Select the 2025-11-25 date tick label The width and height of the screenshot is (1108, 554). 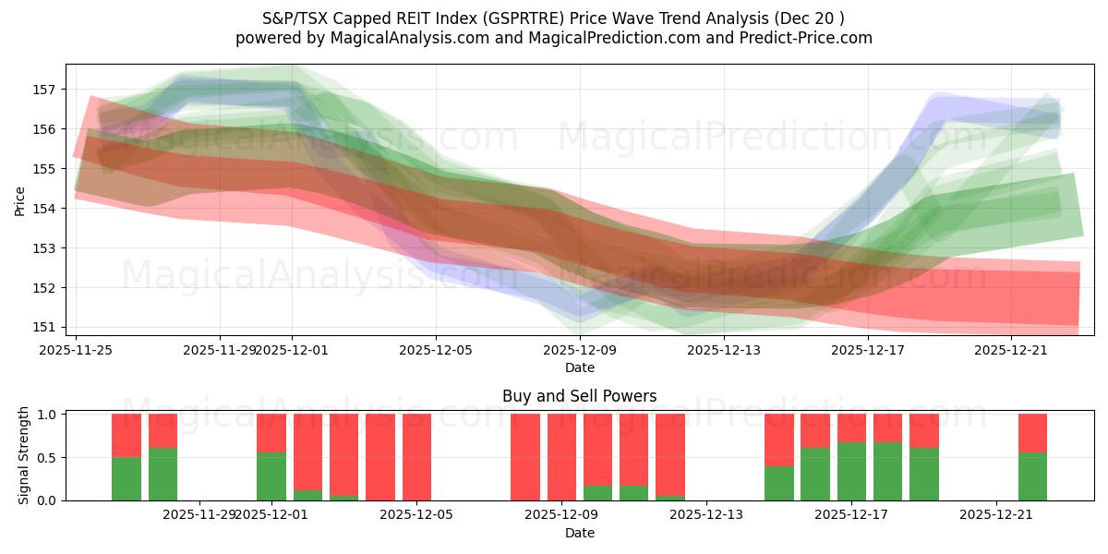(x=76, y=350)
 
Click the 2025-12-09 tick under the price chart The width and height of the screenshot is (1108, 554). (x=580, y=350)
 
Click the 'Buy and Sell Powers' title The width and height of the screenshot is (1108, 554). (x=579, y=396)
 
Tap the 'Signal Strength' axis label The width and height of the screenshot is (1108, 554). (x=24, y=456)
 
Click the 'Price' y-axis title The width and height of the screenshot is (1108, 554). (x=20, y=200)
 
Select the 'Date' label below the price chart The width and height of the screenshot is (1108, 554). (x=579, y=367)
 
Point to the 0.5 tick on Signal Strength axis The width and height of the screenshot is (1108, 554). (x=45, y=457)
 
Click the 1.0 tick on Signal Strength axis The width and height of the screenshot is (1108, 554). (x=45, y=415)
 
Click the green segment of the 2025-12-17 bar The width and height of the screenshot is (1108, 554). (x=851, y=471)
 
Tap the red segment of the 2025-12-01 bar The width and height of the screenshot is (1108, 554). (x=271, y=432)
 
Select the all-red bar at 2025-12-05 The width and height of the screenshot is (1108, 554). (x=416, y=457)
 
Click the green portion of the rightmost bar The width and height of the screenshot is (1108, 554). (x=1032, y=476)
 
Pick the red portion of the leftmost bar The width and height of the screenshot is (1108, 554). (x=126, y=435)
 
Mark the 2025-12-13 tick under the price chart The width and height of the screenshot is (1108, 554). (x=724, y=350)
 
